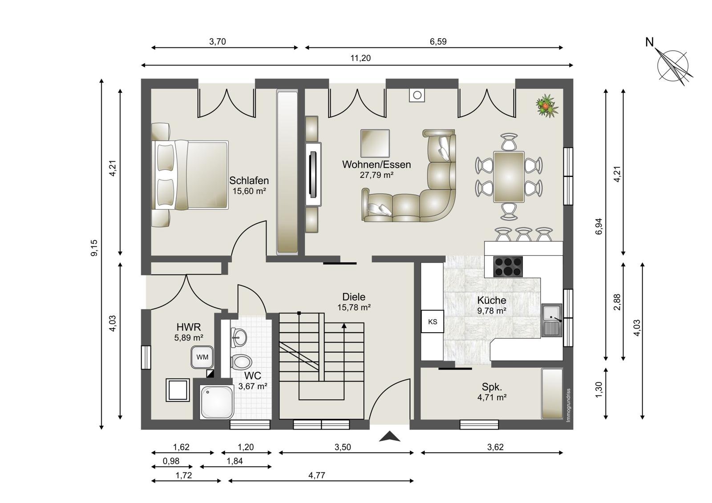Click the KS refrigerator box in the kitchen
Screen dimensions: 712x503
coord(432,321)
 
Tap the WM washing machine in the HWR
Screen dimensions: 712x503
coord(202,357)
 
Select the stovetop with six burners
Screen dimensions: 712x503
coord(508,266)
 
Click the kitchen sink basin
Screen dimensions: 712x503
coord(552,320)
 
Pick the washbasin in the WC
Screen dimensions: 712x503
coord(239,337)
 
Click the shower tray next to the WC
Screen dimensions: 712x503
coord(217,402)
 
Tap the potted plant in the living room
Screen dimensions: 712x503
coord(547,106)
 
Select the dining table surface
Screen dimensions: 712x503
coord(509,177)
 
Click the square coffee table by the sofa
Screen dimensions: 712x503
coord(375,143)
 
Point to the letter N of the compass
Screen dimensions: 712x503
coord(649,42)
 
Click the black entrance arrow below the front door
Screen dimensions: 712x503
coord(389,436)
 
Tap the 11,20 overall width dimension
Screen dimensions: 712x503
coord(360,58)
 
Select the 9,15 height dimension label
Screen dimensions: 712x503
coord(94,248)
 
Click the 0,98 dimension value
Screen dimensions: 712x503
coord(171,461)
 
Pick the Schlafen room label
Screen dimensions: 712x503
coord(249,181)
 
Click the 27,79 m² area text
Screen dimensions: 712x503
coord(376,175)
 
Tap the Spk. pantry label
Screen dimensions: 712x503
coord(492,387)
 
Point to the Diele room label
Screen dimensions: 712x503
coord(354,297)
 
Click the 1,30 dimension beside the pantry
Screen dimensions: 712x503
coord(599,390)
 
